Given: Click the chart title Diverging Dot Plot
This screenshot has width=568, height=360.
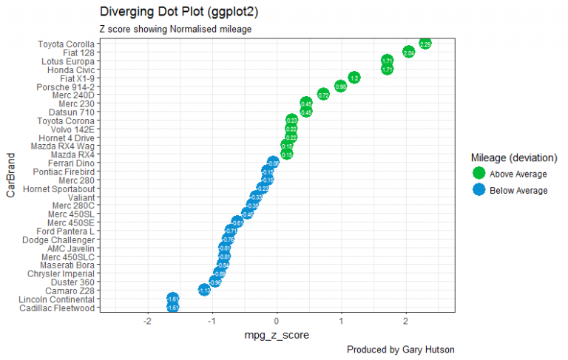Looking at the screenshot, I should [178, 13].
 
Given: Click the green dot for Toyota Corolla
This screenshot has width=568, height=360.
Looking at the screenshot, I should [425, 44].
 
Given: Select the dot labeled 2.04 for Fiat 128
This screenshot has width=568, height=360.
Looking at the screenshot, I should [408, 52].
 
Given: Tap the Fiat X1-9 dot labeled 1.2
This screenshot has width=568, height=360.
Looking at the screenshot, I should [354, 78].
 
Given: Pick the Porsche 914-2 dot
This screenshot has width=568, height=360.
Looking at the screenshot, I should [340, 86].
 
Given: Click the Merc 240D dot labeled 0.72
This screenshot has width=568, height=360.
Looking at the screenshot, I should [323, 95].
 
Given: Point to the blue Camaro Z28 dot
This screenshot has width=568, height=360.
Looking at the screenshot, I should [204, 291].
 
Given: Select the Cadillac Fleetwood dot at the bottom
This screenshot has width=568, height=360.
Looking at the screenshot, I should [173, 308].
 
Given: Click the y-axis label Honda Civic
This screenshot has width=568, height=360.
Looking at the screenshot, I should [70, 69].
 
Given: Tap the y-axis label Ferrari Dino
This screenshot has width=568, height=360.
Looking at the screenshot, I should [71, 163].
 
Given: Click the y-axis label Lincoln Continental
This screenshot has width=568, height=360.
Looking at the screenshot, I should [57, 299].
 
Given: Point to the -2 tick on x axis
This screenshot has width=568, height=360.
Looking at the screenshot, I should [148, 322].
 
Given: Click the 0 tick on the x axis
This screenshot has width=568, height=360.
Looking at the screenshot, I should [277, 322].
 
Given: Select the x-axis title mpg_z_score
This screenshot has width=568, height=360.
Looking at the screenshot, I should [277, 336].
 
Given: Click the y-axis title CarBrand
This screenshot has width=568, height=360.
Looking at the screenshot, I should [11, 175].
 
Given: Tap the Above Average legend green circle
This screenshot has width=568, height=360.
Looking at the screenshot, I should [479, 174].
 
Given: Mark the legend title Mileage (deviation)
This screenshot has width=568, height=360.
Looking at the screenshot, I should [513, 157].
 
